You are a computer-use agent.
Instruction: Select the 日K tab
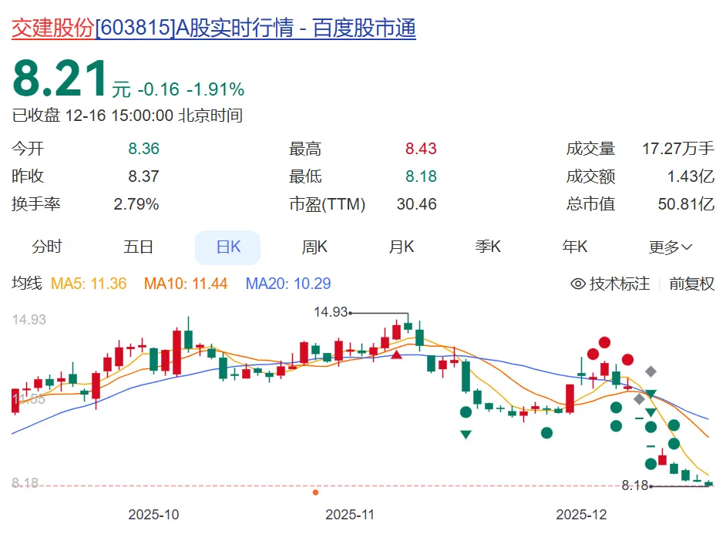pyautogui.click(x=228, y=247)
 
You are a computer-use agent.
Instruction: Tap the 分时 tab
pyautogui.click(x=46, y=247)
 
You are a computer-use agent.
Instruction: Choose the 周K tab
pyautogui.click(x=314, y=247)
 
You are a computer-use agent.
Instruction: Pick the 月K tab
pyautogui.click(x=402, y=247)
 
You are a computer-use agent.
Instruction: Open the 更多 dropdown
pyautogui.click(x=671, y=247)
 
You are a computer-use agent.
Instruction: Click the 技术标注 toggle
pyautogui.click(x=610, y=284)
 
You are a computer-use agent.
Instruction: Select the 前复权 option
pyautogui.click(x=691, y=284)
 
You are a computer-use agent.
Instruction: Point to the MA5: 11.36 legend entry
pyautogui.click(x=88, y=284)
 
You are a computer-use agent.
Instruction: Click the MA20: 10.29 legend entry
pyautogui.click(x=288, y=284)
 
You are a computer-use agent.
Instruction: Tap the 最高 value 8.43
pyautogui.click(x=421, y=149)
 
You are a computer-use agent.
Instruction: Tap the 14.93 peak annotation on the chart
pyautogui.click(x=331, y=312)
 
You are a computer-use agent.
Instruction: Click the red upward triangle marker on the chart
pyautogui.click(x=397, y=354)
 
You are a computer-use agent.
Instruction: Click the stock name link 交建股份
pyautogui.click(x=52, y=29)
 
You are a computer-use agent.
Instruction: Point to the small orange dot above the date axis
pyautogui.click(x=315, y=492)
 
